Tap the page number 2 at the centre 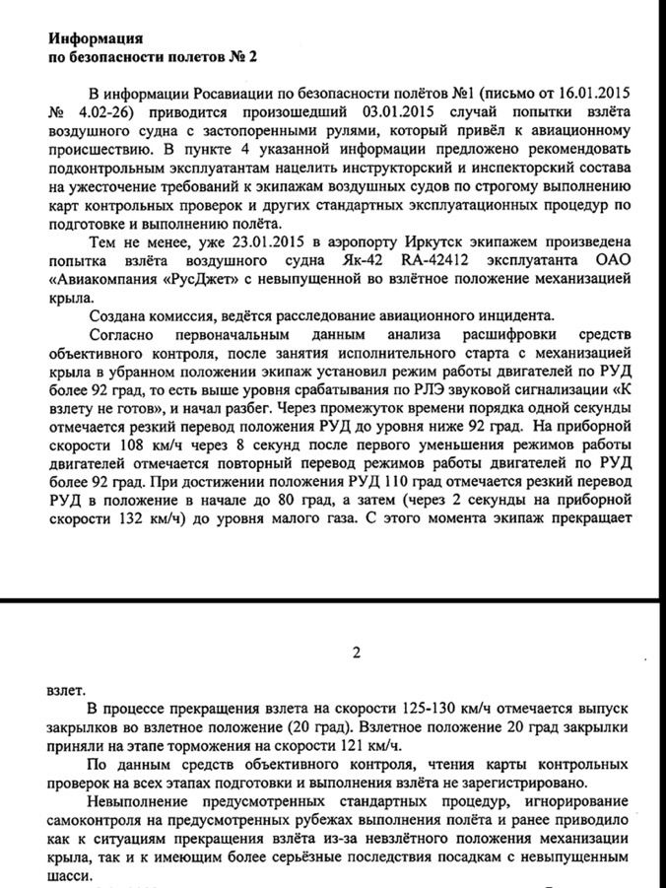coord(357,652)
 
